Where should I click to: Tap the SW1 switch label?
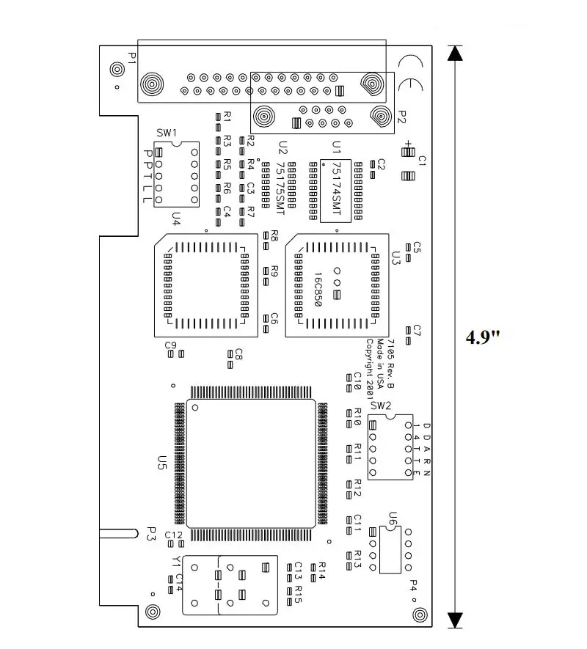pyautogui.click(x=167, y=133)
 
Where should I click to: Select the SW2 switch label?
pyautogui.click(x=381, y=406)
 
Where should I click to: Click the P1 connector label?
pyautogui.click(x=132, y=59)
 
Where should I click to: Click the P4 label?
pyautogui.click(x=412, y=587)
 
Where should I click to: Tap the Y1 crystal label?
pyautogui.click(x=175, y=562)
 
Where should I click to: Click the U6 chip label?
pyautogui.click(x=393, y=519)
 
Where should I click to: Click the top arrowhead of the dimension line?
pyautogui.click(x=456, y=53)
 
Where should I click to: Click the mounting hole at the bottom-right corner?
pyautogui.click(x=419, y=614)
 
